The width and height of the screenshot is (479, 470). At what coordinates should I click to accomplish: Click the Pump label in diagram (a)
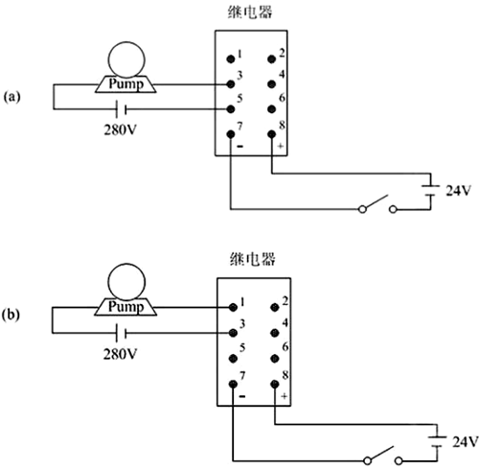[126, 84]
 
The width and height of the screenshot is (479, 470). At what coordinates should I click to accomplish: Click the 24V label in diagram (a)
[459, 190]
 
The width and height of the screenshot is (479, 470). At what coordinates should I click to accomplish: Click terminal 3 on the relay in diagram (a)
[231, 83]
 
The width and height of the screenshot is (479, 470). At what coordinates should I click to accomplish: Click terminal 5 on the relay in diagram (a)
[231, 108]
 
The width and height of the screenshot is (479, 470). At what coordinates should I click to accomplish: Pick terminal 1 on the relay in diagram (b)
[235, 306]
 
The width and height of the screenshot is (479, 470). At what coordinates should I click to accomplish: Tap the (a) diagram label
[12, 97]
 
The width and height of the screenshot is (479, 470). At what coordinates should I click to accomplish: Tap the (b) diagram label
[12, 314]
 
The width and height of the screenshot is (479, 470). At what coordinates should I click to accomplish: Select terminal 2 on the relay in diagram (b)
[277, 306]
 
